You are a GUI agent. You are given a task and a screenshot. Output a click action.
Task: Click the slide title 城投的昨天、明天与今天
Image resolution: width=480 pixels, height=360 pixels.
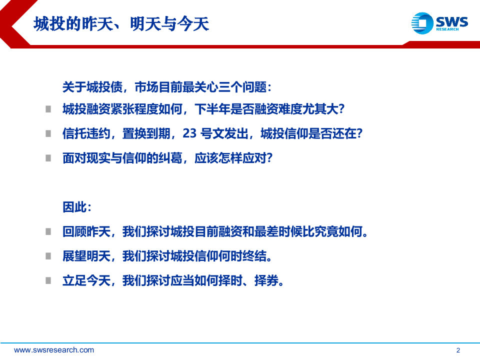121,23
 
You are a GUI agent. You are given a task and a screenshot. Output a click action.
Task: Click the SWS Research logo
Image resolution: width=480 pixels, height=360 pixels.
439,23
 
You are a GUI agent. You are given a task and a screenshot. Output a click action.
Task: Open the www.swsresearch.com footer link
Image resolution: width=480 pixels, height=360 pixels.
54,350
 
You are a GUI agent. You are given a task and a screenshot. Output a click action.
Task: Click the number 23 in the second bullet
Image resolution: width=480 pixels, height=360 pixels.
190,134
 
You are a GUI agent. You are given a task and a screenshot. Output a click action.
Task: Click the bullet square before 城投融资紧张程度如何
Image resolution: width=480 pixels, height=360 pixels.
48,109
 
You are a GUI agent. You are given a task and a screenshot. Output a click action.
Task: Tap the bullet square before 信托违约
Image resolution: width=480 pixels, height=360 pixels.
48,133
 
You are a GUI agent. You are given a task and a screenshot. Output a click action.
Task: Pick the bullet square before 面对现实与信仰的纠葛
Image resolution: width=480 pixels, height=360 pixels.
48,157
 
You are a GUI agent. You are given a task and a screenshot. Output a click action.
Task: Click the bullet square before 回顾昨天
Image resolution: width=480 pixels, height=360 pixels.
48,231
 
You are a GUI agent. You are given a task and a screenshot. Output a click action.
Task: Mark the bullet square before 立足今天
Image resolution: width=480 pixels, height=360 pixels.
48,280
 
